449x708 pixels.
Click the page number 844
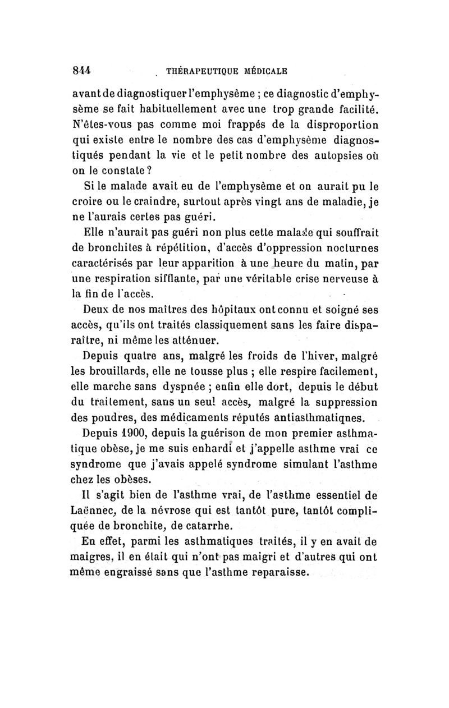tap(83, 71)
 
